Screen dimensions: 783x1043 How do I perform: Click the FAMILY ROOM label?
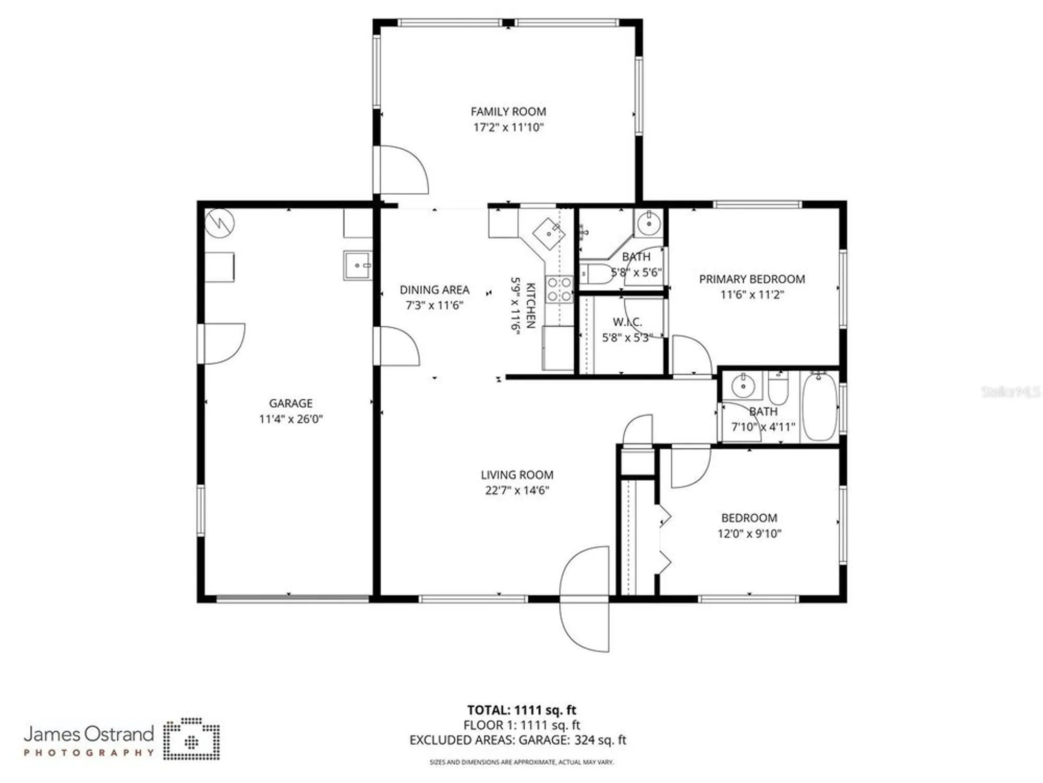click(x=508, y=112)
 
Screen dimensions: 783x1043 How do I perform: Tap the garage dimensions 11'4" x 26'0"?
click(x=290, y=419)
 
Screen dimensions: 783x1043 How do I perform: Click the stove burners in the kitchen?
click(x=559, y=290)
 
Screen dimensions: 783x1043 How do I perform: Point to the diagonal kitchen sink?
click(x=549, y=234)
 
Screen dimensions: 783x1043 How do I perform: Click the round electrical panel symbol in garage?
click(x=220, y=223)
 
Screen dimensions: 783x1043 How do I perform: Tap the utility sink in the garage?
click(x=358, y=265)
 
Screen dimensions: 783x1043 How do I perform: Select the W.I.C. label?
click(x=627, y=322)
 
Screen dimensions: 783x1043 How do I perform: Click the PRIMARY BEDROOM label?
click(x=751, y=279)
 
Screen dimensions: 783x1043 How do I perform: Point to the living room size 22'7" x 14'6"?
click(x=517, y=490)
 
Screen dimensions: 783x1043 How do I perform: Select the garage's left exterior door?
click(x=222, y=343)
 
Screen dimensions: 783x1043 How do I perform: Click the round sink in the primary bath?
click(x=649, y=224)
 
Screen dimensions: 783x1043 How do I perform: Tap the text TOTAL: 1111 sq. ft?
click(x=521, y=710)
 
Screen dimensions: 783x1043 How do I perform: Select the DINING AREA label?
click(x=434, y=290)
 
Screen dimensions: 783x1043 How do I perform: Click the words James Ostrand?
click(x=89, y=734)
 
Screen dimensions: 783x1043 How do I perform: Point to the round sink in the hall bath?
click(x=743, y=386)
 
